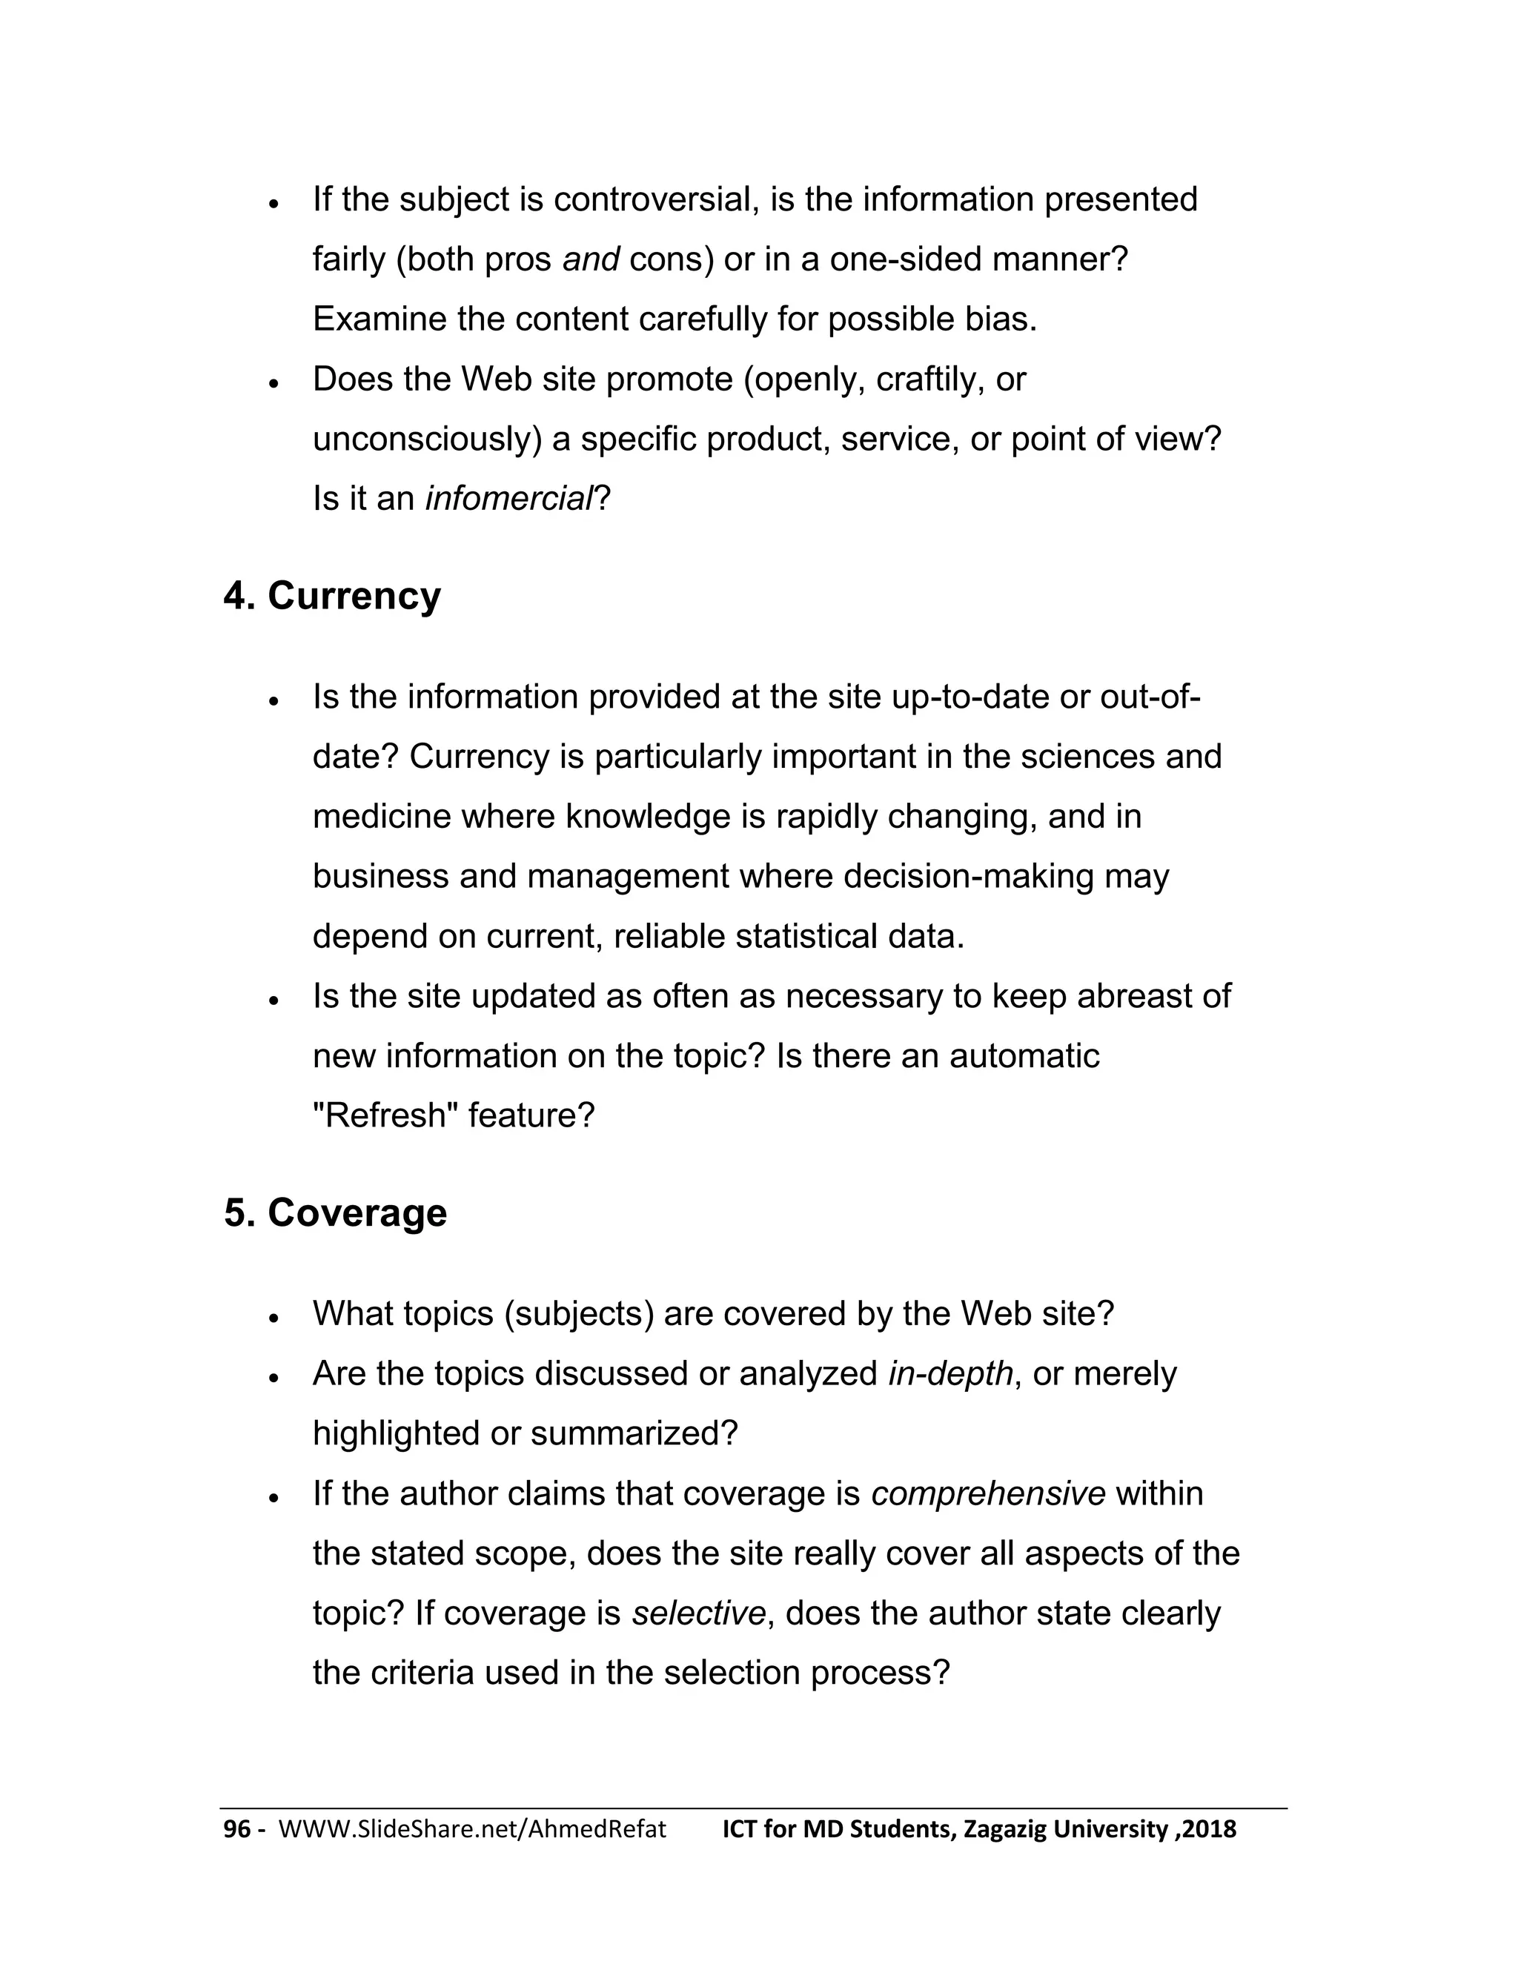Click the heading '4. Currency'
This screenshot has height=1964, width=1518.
tap(332, 596)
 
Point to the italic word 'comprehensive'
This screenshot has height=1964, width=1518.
tap(988, 1493)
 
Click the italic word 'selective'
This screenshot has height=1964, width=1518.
tap(697, 1613)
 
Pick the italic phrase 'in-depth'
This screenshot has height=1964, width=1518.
tap(950, 1374)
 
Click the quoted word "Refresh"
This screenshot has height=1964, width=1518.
tap(385, 1116)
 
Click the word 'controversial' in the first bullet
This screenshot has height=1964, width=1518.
tap(651, 199)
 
